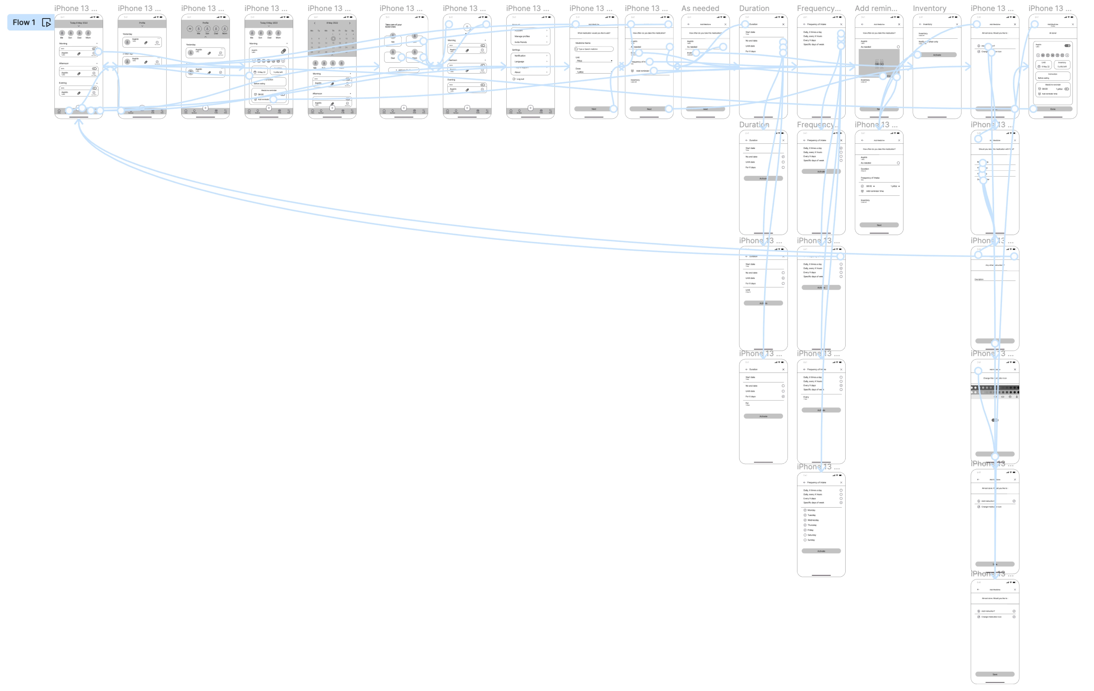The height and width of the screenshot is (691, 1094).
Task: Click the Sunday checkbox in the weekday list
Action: coord(805,540)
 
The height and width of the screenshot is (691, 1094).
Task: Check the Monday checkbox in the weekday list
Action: coord(805,510)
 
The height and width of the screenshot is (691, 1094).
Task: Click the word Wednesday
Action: coord(813,520)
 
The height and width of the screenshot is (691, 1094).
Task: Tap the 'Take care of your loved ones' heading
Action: coord(393,26)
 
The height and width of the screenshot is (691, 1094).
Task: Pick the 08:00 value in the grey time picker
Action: coord(879,64)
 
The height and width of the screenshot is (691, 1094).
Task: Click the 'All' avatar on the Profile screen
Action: coord(190,29)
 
